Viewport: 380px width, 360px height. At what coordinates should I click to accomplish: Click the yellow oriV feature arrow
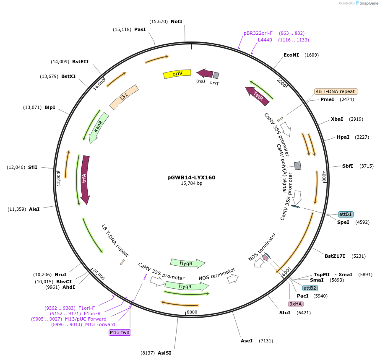[177, 74]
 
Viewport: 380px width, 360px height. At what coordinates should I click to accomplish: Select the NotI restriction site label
[177, 21]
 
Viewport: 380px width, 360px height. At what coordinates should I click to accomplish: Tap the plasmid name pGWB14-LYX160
[191, 177]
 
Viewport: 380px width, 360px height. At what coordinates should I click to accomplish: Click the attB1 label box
[346, 214]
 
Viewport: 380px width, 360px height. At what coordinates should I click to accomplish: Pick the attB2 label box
[310, 288]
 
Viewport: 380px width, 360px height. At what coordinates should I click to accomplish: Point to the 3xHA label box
[296, 304]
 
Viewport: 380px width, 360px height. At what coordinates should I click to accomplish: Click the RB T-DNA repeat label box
[336, 91]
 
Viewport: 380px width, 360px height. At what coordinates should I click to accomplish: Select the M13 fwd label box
[120, 332]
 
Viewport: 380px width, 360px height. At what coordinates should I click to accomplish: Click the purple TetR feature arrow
[256, 95]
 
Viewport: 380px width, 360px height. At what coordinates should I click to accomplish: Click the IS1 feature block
[124, 97]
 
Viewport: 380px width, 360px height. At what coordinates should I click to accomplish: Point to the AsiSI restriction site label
[164, 353]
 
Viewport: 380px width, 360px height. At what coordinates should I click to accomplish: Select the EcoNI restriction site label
[291, 55]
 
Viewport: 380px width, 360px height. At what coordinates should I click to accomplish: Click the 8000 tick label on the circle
[192, 312]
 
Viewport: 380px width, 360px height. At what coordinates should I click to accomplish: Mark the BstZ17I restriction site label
[335, 256]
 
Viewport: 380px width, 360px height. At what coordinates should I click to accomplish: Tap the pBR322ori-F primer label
[258, 33]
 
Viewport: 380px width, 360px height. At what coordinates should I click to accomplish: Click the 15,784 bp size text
[191, 184]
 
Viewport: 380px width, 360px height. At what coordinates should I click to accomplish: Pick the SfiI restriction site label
[33, 167]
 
